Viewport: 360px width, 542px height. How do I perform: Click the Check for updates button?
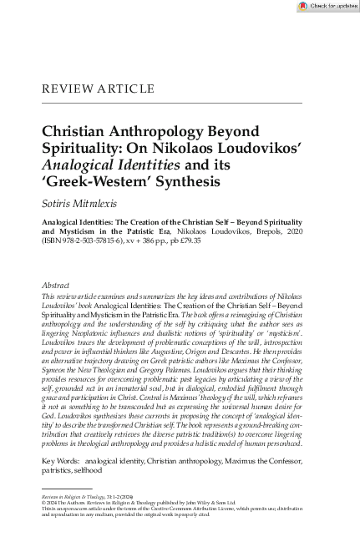327,6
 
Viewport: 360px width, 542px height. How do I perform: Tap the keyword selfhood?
84,470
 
